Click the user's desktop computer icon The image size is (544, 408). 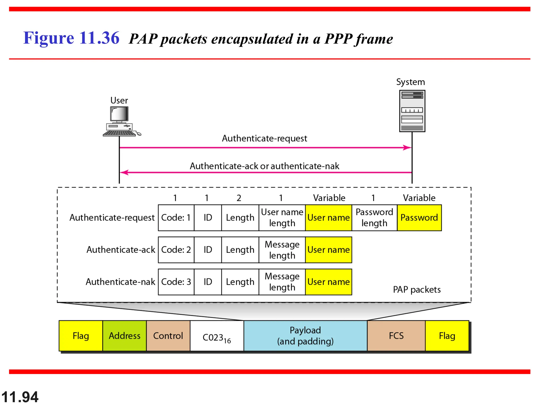121,121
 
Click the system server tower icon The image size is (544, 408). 412,111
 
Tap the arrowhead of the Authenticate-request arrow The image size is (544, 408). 407,148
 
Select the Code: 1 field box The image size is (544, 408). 176,218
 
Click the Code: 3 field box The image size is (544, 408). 176,282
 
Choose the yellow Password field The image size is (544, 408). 419,218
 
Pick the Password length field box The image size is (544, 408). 374,218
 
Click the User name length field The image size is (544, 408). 282,218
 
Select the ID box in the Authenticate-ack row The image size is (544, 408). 208,250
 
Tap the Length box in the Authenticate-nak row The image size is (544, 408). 240,282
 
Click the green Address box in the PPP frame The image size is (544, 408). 124,336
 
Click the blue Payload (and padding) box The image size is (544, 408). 305,336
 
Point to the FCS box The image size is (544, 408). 396,336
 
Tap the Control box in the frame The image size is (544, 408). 168,336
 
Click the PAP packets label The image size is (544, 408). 416,290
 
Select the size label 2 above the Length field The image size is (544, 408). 239,198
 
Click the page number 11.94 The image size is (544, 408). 20,397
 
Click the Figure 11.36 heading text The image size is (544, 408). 71,38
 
